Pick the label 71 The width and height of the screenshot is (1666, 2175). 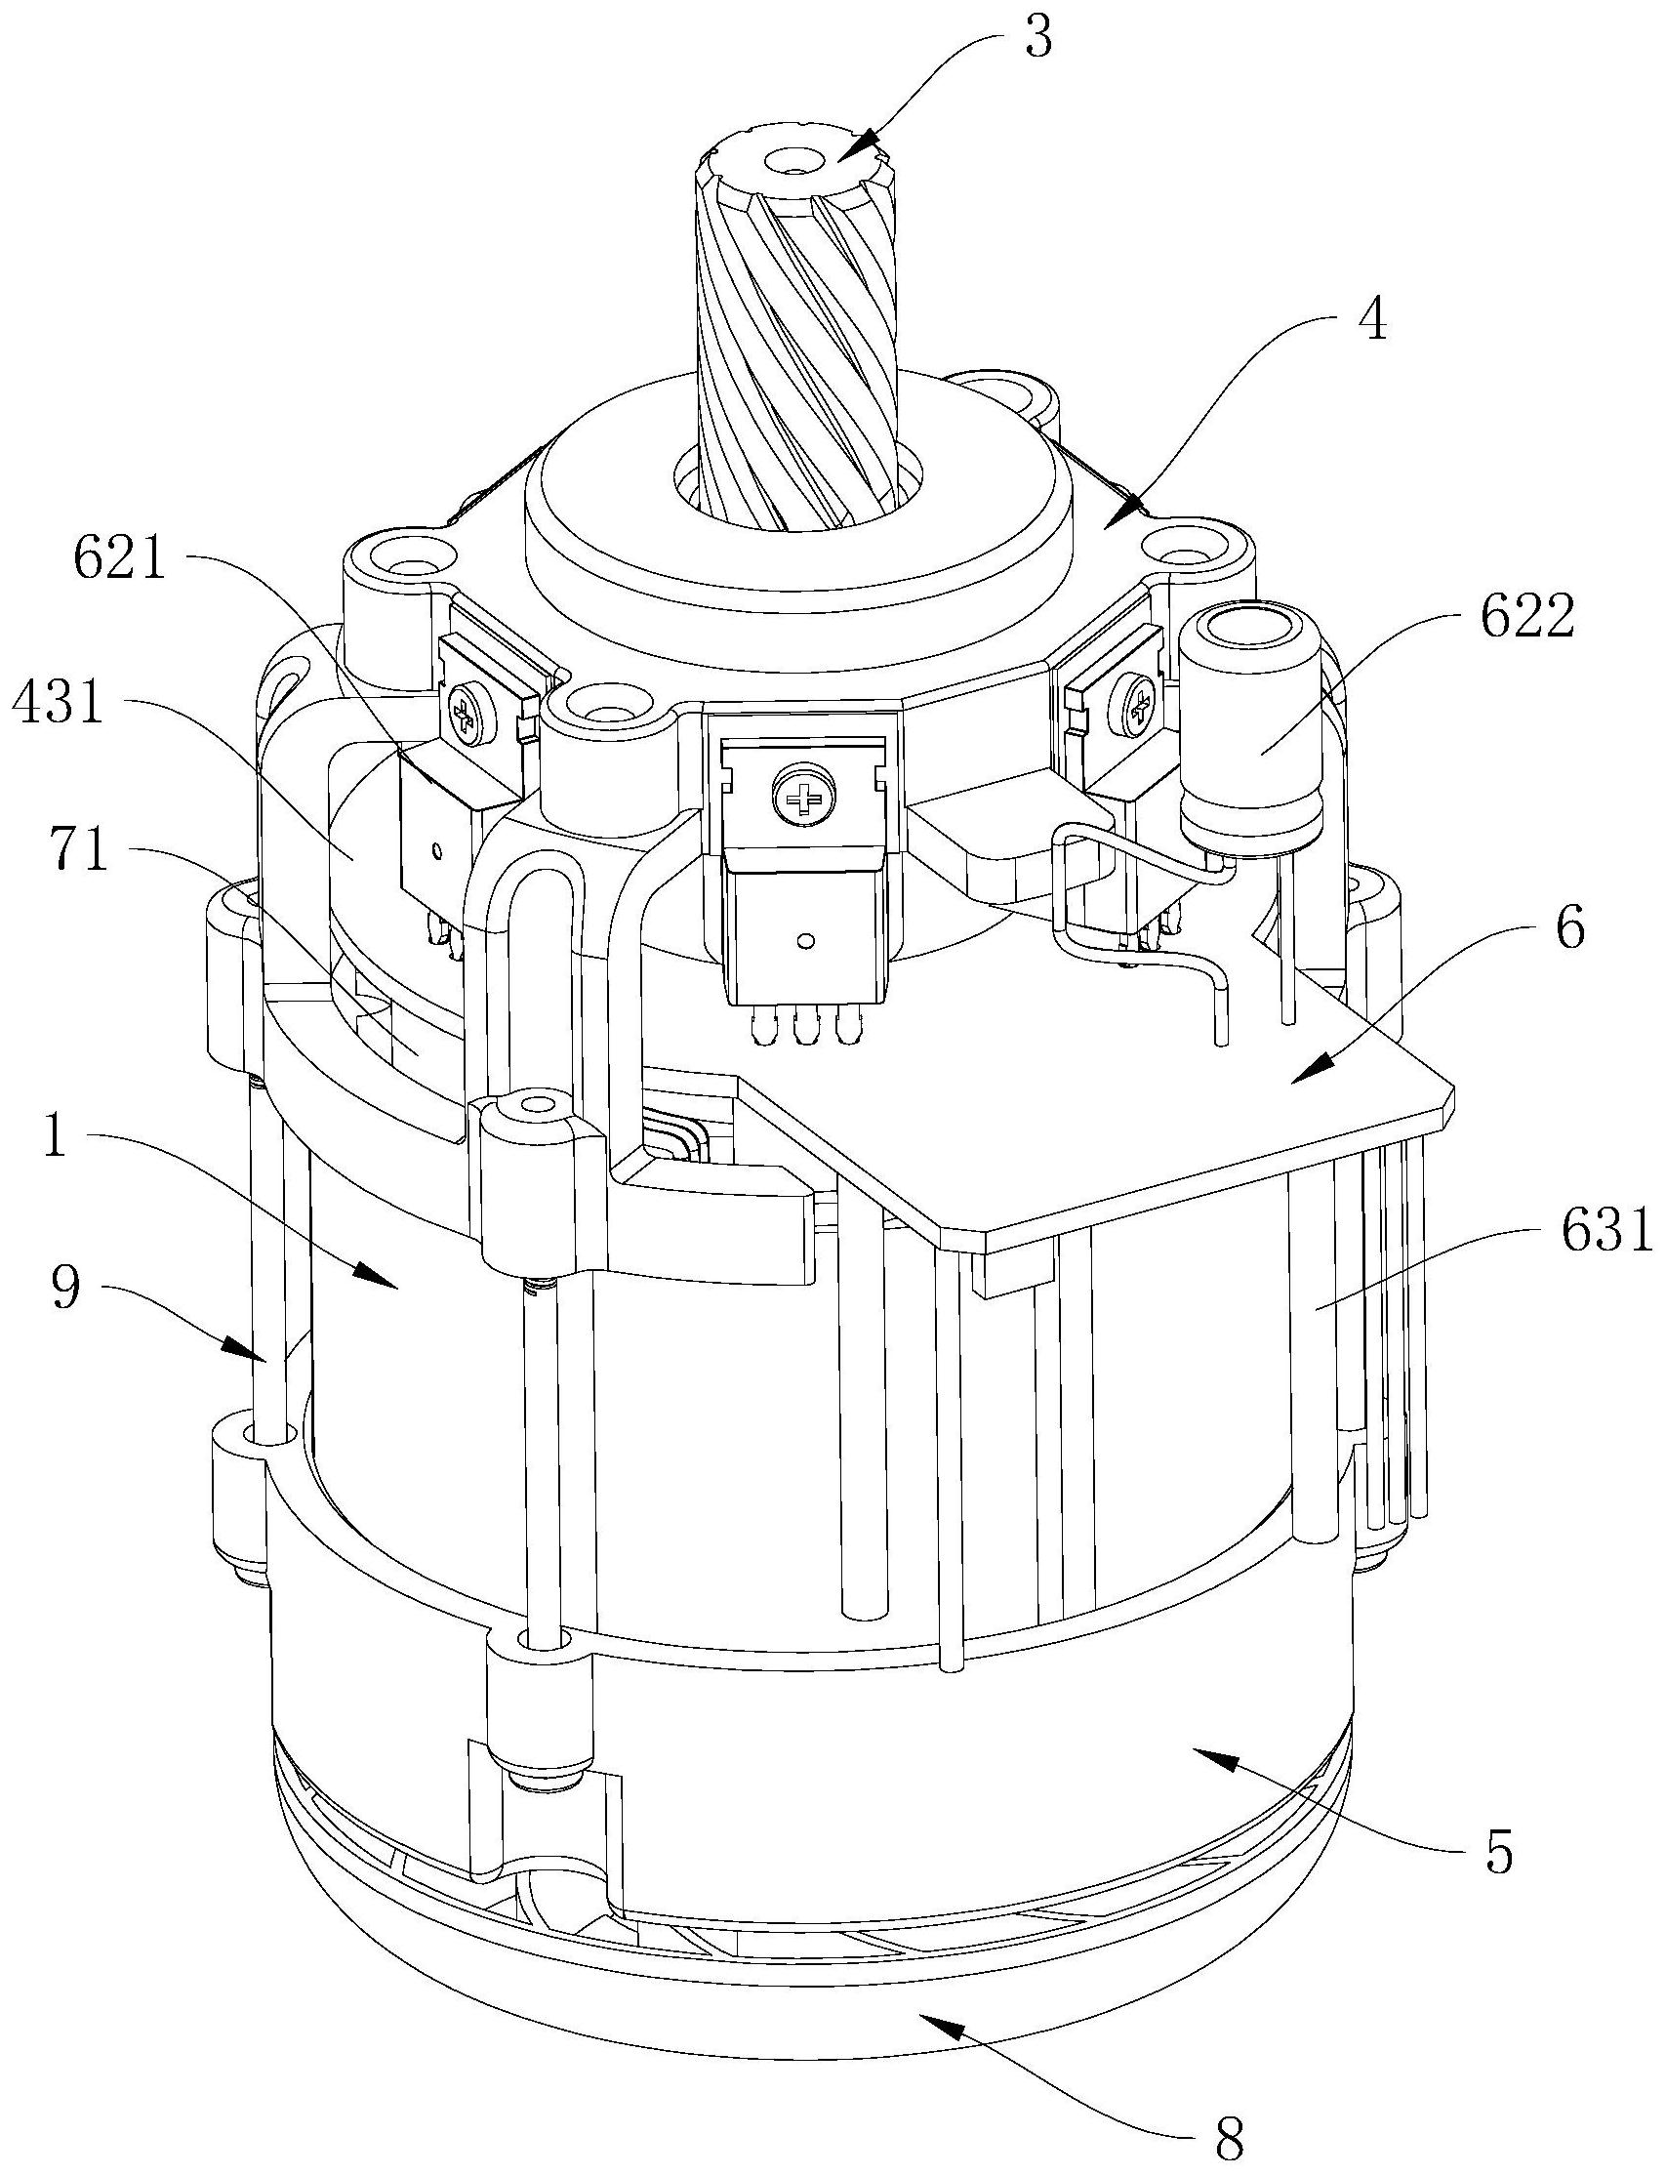[x=80, y=851]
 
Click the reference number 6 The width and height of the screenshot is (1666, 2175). [x=1567, y=930]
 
